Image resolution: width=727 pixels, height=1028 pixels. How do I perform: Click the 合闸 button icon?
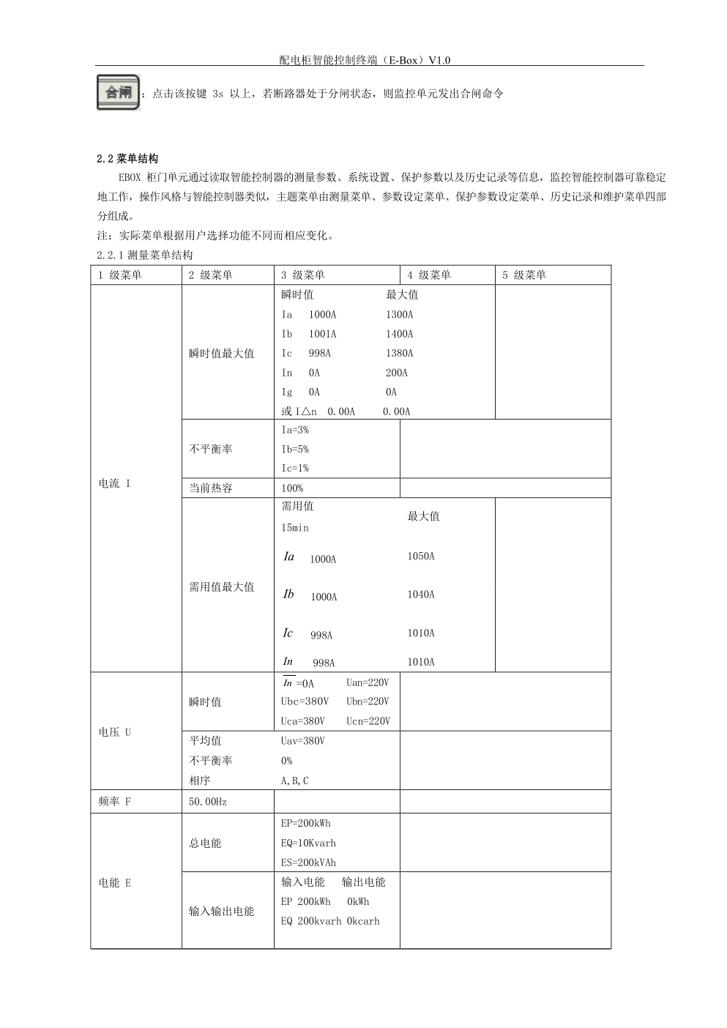pos(118,92)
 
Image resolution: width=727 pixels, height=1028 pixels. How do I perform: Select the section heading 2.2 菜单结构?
pos(127,158)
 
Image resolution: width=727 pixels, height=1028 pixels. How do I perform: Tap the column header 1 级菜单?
pos(120,275)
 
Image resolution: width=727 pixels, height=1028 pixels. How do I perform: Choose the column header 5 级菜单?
pos(524,275)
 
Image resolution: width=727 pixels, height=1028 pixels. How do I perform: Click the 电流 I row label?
pos(115,483)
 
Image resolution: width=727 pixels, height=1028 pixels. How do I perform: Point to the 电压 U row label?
pos(115,731)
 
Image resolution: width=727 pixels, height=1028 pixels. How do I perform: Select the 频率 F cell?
pos(115,801)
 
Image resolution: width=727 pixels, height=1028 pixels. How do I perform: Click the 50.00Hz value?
pos(208,802)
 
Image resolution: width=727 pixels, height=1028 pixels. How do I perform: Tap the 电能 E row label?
pos(115,882)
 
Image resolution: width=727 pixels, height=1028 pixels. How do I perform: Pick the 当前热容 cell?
pos(211,488)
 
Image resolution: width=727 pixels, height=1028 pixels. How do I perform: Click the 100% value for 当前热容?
pos(292,488)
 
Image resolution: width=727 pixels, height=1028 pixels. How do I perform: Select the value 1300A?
pos(399,315)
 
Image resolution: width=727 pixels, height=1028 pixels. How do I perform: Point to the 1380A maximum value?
pos(399,353)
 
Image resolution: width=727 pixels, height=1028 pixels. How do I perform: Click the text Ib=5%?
pos(295,449)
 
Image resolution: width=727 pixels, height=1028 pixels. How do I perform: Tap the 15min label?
pos(295,527)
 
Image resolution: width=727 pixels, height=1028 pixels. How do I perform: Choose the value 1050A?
pos(421,556)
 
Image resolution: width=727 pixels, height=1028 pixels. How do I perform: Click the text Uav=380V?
pos(303,741)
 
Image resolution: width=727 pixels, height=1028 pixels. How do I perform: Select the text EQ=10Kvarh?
pos(308,843)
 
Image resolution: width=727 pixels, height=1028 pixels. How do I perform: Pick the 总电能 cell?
pos(205,843)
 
